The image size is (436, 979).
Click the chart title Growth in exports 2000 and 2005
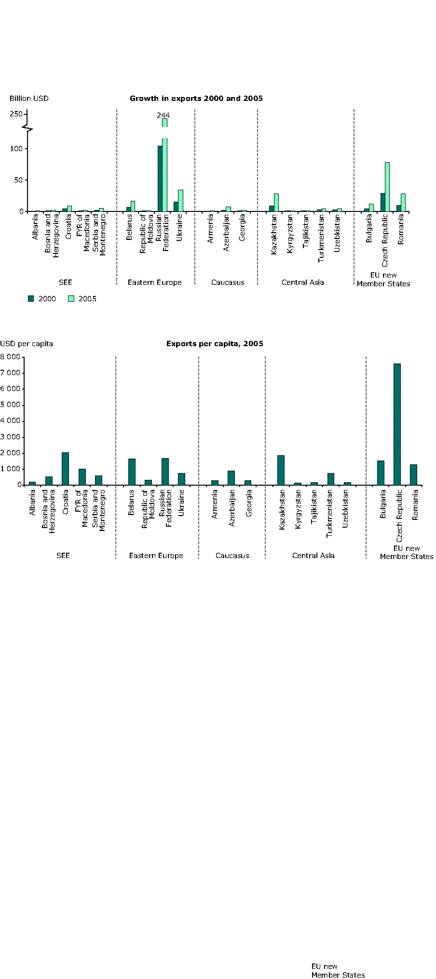(196, 98)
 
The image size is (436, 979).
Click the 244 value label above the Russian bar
(163, 115)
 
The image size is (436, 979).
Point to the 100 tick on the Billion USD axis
(16, 149)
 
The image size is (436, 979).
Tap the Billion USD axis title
(29, 98)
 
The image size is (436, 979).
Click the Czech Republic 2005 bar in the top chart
(387, 187)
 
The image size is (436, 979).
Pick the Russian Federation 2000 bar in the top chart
(160, 179)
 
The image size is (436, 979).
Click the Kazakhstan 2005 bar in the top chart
(276, 203)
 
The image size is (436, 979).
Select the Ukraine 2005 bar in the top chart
(180, 201)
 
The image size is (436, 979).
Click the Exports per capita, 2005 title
(215, 344)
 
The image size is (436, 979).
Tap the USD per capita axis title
(27, 344)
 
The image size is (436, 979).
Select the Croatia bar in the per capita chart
(65, 469)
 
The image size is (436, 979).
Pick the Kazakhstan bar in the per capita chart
(281, 470)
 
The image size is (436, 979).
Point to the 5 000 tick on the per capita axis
(11, 405)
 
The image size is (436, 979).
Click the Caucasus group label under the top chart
(228, 282)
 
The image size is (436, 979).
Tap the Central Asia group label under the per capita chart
(313, 556)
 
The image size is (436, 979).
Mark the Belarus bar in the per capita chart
(132, 472)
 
